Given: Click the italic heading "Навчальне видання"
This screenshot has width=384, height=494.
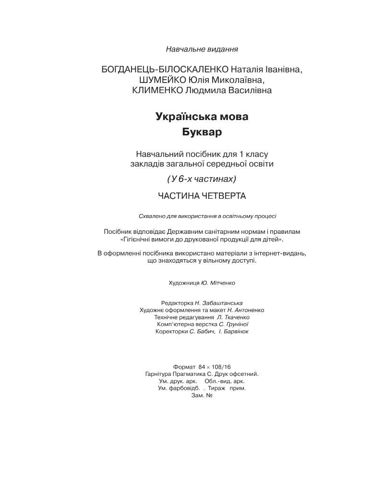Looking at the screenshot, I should tap(202, 49).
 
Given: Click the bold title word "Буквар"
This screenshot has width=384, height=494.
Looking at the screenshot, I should tap(202, 132).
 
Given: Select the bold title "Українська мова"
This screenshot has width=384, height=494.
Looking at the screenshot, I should tap(202, 117).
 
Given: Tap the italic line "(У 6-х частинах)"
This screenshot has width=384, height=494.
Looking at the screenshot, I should tap(202, 179).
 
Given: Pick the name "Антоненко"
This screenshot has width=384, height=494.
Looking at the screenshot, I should tap(249, 310).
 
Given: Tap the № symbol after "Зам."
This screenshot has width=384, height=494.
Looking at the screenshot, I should tap(209, 396).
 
